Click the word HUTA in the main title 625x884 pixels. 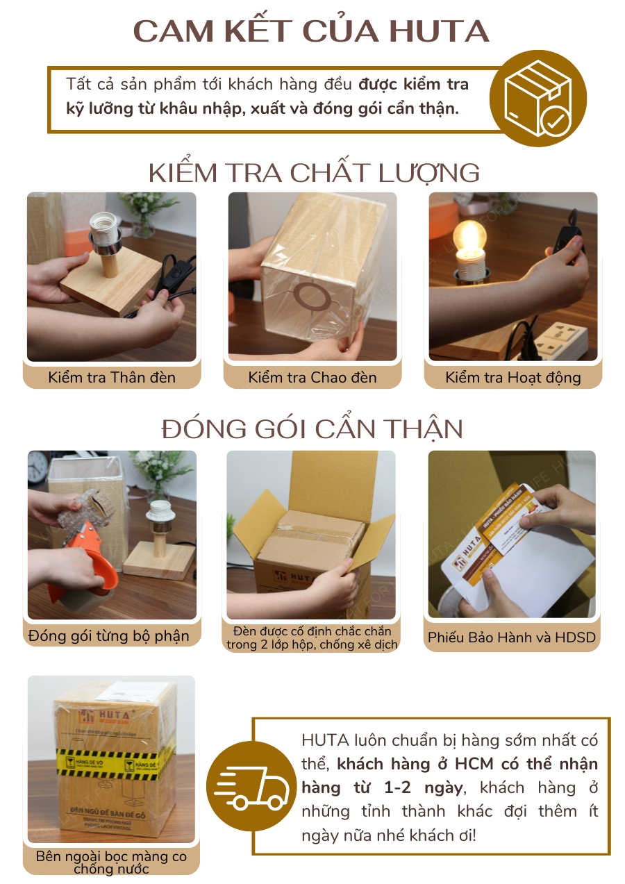[x=439, y=32]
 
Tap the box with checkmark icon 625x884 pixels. [x=537, y=99]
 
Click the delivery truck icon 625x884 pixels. [x=251, y=785]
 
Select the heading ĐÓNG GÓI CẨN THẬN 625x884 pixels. [x=312, y=429]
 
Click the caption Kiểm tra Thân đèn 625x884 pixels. [x=112, y=378]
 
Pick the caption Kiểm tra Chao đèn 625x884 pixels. [x=312, y=378]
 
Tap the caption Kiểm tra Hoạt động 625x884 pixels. [x=513, y=378]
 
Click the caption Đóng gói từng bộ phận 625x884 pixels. [x=109, y=635]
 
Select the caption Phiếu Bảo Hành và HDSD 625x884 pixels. [x=512, y=637]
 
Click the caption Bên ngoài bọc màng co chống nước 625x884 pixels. [x=111, y=862]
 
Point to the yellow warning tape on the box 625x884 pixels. [x=111, y=762]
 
